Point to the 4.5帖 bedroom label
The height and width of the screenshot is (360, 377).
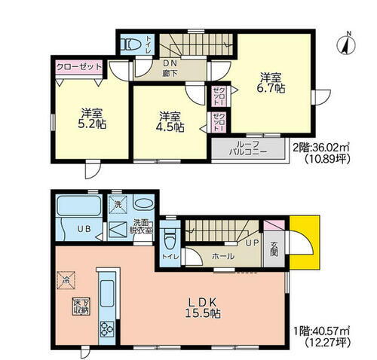170,121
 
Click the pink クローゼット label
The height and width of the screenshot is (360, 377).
79,67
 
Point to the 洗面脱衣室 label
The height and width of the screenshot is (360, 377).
141,226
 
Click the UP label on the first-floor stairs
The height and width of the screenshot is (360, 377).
251,242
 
